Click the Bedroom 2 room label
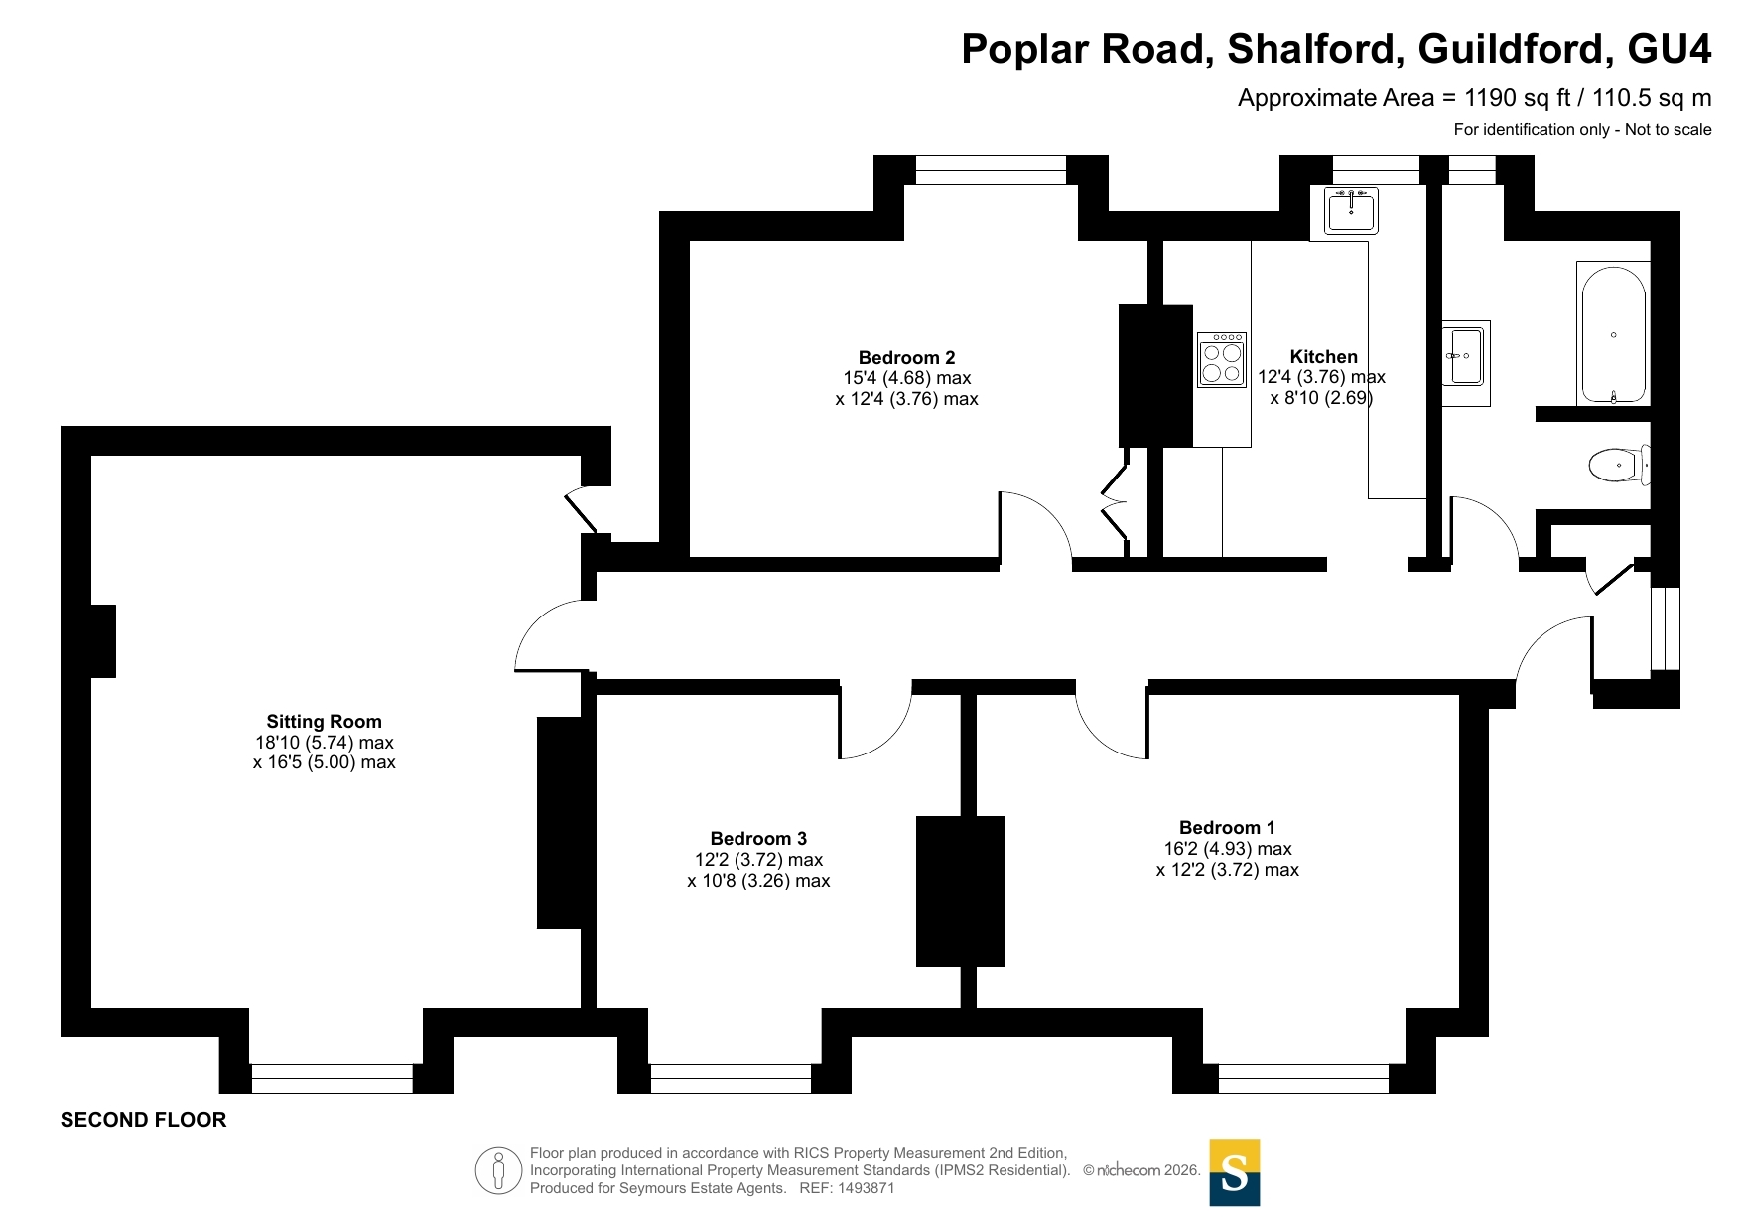click(x=906, y=357)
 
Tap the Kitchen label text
click(x=1323, y=356)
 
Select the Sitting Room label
click(x=324, y=722)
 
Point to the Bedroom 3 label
click(x=758, y=839)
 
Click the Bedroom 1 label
click(x=1227, y=828)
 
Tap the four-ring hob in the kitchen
click(x=1222, y=359)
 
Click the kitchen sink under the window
click(x=1351, y=210)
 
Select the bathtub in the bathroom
click(x=1613, y=334)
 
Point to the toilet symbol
click(x=1619, y=465)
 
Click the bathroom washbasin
click(x=1465, y=354)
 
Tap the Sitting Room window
click(x=332, y=1078)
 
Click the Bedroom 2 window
click(x=991, y=170)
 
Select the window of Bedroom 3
click(x=731, y=1078)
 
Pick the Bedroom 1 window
click(x=1303, y=1078)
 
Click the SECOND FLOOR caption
click(x=144, y=1120)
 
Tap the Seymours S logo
click(x=1235, y=1172)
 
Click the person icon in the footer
click(x=498, y=1170)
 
